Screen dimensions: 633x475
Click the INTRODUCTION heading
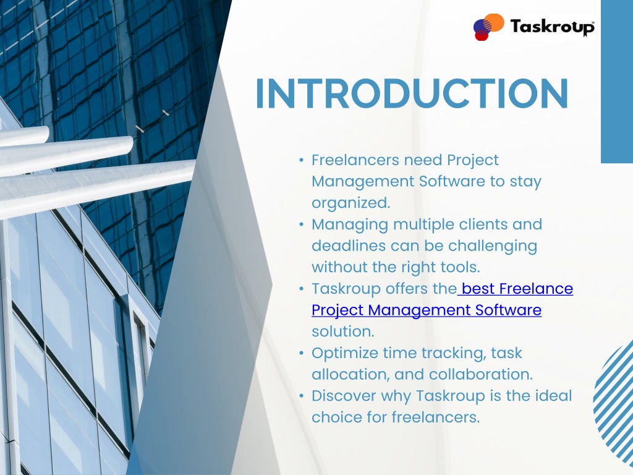[x=412, y=94]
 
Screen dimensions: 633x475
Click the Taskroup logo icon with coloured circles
[x=488, y=27]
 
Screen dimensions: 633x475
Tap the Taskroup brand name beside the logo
[x=552, y=27]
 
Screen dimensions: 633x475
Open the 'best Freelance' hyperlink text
[x=516, y=289]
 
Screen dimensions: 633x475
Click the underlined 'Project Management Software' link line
[x=427, y=310]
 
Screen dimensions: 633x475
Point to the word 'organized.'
[x=351, y=203]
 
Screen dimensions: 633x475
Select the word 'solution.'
[x=343, y=332]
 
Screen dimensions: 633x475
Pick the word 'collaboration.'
[x=481, y=374]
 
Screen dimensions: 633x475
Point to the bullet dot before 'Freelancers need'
[x=301, y=160]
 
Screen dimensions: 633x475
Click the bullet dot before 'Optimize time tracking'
[x=301, y=353]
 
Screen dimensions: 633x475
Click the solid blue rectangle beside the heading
[x=617, y=82]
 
